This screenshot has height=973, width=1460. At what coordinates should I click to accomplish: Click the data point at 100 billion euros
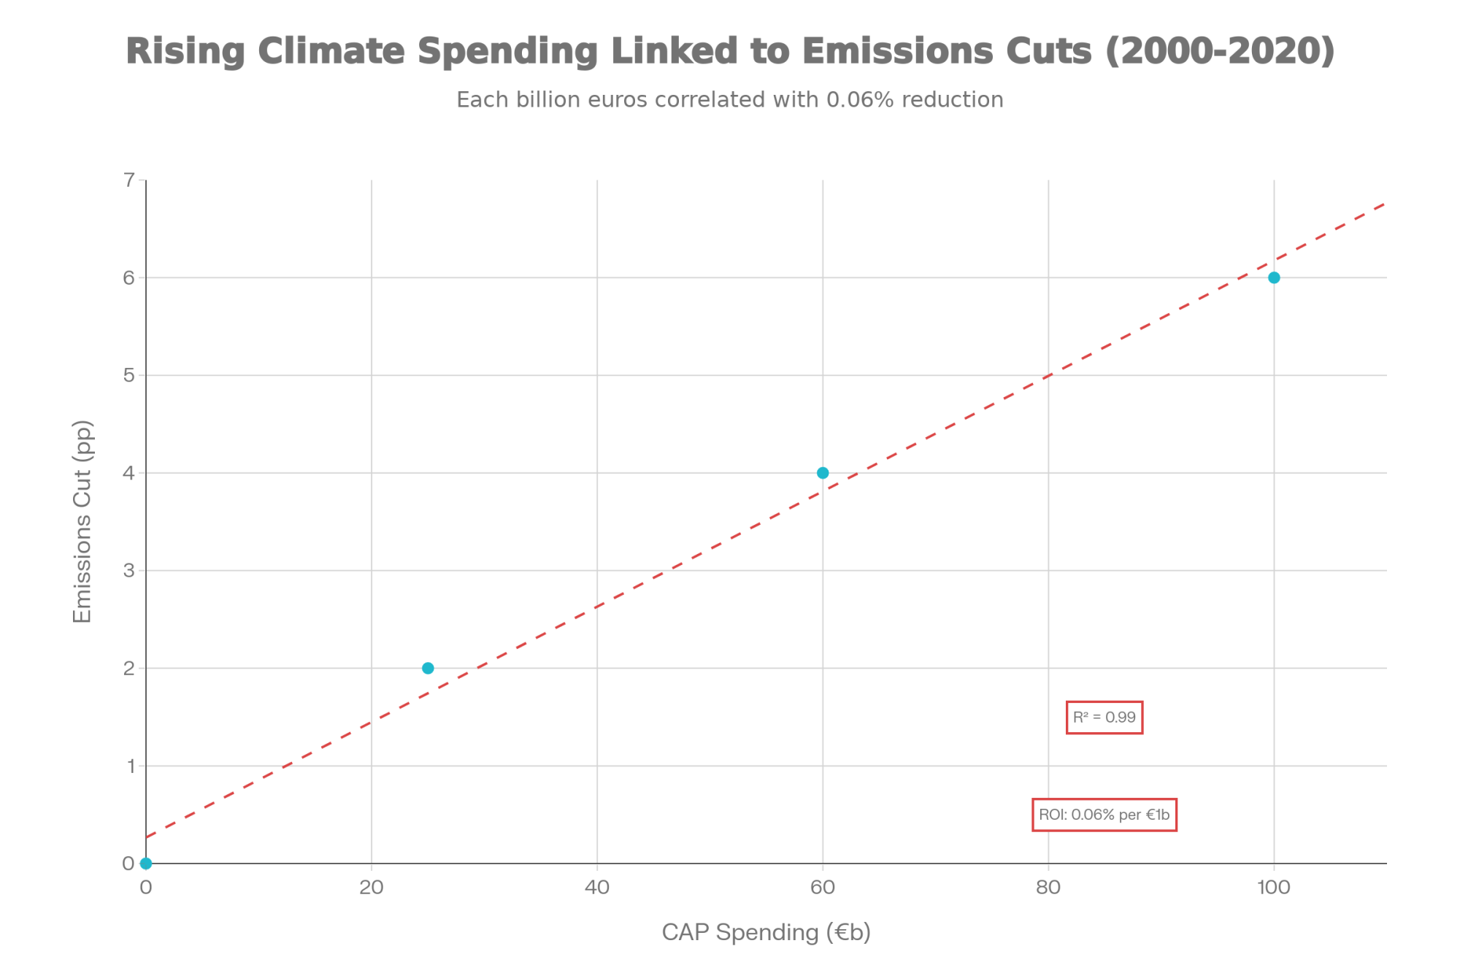(x=1274, y=277)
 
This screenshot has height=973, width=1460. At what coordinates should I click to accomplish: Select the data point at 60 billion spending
(x=823, y=473)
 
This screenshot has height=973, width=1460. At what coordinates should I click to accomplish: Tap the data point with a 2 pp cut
(x=428, y=668)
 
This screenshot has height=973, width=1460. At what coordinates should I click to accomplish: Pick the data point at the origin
(x=146, y=864)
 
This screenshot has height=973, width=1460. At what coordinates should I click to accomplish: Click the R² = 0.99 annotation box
(x=1104, y=718)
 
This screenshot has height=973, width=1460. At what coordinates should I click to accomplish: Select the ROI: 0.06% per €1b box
(x=1104, y=815)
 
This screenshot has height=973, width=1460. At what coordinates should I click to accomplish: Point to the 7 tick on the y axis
(x=129, y=180)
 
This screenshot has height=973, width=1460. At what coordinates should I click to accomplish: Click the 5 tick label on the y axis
(x=129, y=375)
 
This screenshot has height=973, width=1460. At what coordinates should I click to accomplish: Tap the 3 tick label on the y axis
(x=129, y=570)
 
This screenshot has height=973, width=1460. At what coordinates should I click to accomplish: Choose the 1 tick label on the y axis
(x=131, y=766)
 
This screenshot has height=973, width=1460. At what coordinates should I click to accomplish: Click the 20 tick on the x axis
(x=372, y=887)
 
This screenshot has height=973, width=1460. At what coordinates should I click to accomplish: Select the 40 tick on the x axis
(x=597, y=887)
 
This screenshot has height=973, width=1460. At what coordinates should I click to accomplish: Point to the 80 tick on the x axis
(x=1048, y=887)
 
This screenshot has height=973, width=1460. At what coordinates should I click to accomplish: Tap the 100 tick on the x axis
(x=1274, y=887)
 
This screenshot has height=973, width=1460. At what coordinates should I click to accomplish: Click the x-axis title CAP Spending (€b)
(x=766, y=932)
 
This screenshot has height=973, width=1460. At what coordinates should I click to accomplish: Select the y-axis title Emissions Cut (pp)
(x=82, y=521)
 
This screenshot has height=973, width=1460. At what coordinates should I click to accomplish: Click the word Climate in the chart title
(x=331, y=51)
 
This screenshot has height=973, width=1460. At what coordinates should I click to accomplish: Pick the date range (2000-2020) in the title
(x=1220, y=51)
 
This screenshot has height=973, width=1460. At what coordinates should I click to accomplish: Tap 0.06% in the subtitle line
(x=860, y=100)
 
